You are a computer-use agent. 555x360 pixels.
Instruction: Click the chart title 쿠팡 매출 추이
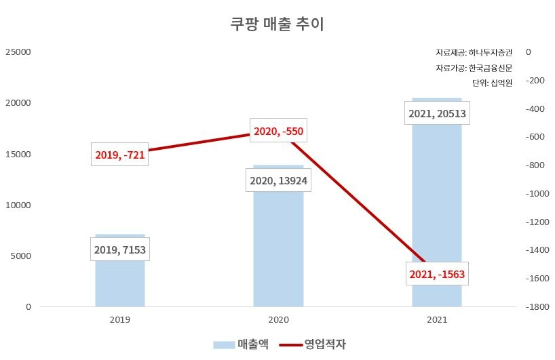tap(277, 24)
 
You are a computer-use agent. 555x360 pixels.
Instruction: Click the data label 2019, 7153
tap(120, 249)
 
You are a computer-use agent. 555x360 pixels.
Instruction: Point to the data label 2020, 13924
tap(278, 181)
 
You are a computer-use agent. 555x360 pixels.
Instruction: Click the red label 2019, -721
tap(120, 155)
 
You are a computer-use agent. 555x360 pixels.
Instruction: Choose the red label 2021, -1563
tap(438, 275)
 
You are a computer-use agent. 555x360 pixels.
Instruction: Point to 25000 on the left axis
tap(18, 52)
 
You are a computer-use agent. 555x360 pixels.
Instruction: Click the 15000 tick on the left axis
tap(18, 154)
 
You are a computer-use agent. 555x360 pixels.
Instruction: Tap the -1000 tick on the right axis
tap(536, 193)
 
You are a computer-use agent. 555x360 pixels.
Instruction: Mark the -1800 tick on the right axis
tap(536, 307)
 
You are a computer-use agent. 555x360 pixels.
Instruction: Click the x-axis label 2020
tap(278, 319)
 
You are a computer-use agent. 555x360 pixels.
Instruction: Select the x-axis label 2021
tap(436, 319)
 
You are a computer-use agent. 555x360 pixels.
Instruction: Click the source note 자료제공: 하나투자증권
tap(474, 52)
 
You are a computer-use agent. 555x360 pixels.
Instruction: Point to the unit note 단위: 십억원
tap(492, 83)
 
